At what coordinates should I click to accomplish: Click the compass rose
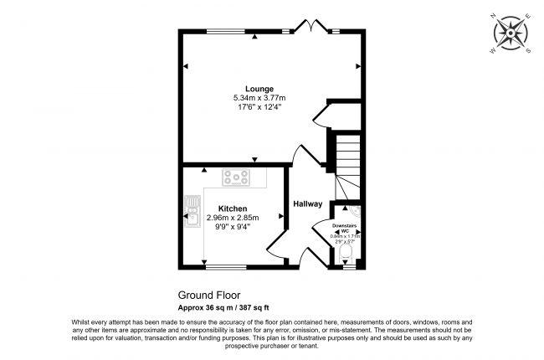[x=511, y=35]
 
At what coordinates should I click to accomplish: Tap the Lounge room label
[x=259, y=89]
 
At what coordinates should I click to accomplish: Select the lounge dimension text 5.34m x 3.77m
[x=259, y=98]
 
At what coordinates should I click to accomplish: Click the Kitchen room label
[x=233, y=208]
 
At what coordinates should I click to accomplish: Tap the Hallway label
[x=308, y=203]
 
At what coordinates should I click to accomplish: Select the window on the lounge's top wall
[x=233, y=32]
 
